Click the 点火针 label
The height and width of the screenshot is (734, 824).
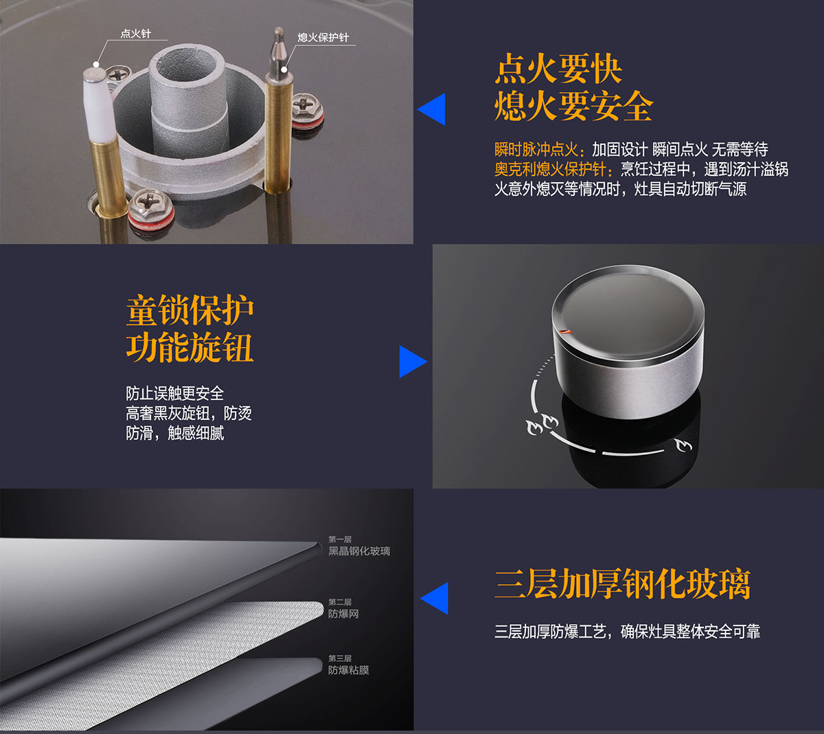(135, 34)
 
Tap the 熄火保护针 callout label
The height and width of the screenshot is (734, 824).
(323, 37)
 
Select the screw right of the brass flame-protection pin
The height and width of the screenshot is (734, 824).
(308, 111)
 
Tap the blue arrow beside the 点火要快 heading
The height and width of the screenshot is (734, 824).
(432, 109)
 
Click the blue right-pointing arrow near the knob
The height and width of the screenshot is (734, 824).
(413, 362)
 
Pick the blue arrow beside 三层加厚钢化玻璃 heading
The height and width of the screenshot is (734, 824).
(435, 598)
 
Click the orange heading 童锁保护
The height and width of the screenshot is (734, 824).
(190, 310)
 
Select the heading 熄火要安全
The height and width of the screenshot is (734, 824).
(574, 106)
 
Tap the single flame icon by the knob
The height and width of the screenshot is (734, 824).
(683, 445)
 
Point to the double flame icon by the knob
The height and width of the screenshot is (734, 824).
(542, 425)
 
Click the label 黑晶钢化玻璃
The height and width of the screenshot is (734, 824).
(359, 551)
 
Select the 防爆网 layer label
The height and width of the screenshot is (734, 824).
(343, 614)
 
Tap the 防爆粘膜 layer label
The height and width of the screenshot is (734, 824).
(349, 670)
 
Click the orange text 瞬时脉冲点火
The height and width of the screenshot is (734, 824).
(536, 149)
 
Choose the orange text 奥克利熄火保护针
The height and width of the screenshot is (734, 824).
(551, 169)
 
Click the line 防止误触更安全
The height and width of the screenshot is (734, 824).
(175, 393)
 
